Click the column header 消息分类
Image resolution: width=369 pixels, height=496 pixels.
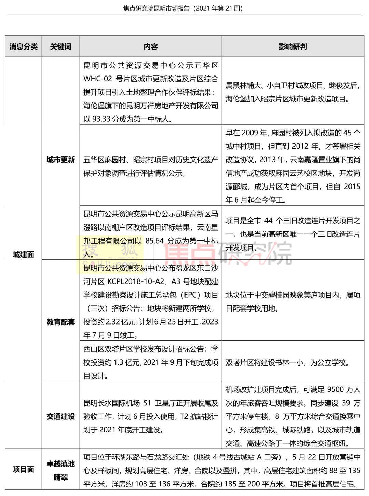click(23, 46)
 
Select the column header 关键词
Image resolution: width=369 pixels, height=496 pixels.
click(61, 46)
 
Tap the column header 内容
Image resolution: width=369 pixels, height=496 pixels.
click(151, 46)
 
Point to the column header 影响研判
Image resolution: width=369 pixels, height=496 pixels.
click(293, 46)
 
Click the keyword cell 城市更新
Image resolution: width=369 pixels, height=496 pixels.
click(61, 160)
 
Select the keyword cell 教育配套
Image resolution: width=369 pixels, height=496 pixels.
click(61, 322)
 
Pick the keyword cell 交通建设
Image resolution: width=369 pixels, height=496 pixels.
click(61, 417)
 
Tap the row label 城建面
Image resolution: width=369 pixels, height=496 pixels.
click(23, 254)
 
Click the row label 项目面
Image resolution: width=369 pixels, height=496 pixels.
click(23, 470)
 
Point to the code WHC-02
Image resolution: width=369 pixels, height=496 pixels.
click(98, 79)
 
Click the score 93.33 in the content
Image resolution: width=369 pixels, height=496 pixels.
click(102, 119)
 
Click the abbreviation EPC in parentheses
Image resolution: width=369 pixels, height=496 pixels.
click(190, 295)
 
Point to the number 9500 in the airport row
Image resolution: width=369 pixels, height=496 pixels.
click(335, 390)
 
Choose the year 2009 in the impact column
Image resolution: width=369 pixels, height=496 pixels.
click(249, 133)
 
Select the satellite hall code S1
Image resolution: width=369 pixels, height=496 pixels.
click(147, 403)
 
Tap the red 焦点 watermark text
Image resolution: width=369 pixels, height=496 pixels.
click(190, 253)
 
